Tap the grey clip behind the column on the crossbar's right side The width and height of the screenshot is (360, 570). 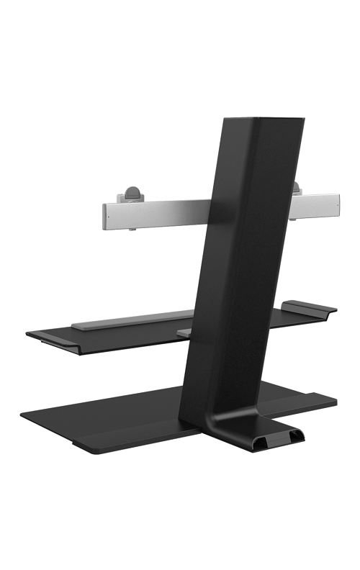[x=296, y=188]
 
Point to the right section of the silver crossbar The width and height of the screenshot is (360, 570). [x=313, y=205]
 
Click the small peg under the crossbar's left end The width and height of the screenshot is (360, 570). [x=132, y=230]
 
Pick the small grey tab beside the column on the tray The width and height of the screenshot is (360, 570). [x=184, y=332]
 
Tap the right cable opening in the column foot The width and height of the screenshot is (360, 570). [x=295, y=436]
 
